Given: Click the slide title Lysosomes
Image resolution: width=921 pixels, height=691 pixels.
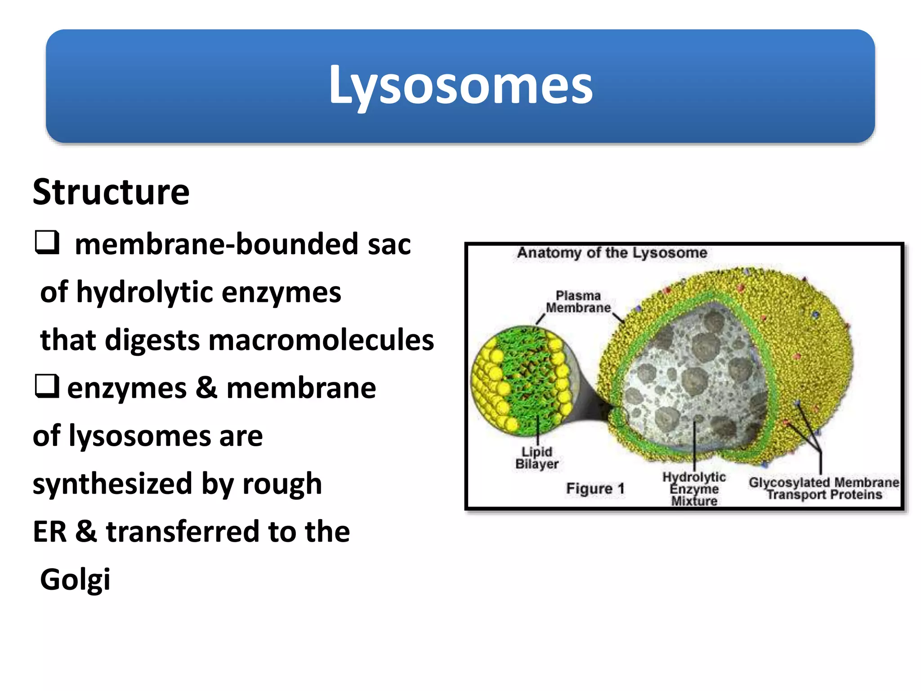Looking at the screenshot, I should (460, 85).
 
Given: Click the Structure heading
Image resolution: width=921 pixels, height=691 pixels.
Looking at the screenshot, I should (111, 192).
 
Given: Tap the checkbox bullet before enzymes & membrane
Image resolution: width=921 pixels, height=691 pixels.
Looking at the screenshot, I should (47, 386).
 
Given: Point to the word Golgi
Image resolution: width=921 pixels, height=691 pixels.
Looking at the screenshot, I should (75, 579).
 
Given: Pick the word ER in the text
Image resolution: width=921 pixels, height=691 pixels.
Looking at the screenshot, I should (49, 532).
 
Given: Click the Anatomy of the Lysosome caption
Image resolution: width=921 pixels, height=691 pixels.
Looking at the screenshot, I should (612, 253).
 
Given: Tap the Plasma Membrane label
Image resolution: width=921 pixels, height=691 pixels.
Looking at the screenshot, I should (578, 302).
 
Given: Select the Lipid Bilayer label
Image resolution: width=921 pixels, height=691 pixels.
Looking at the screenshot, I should (537, 458).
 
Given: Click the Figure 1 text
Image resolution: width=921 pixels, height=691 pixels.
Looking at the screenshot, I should (595, 489).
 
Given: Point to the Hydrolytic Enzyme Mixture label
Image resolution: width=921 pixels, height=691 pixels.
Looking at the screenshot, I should (694, 489).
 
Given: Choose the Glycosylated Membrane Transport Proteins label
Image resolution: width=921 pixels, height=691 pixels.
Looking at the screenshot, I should (824, 489).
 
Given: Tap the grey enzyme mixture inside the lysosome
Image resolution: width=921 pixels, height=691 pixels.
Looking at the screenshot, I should (693, 378).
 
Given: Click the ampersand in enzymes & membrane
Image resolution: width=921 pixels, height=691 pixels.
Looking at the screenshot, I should (206, 388).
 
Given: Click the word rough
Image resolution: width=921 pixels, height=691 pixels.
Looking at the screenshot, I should (282, 484).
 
